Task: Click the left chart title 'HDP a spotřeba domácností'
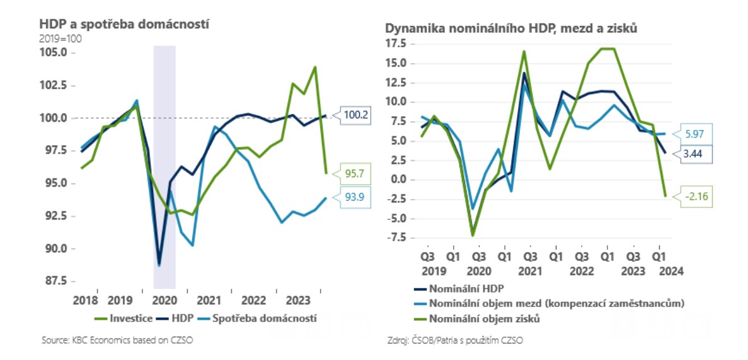pos(124,24)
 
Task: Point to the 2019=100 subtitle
pos(60,38)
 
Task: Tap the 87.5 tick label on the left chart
pos(55,281)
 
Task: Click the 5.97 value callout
pos(698,134)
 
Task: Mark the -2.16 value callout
pos(698,196)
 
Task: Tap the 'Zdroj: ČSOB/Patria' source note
pos(455,341)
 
